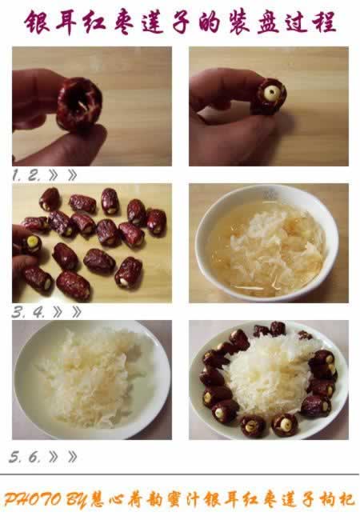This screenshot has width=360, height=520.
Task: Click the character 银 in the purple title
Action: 38,22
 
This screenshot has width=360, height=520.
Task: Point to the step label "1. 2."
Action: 26,175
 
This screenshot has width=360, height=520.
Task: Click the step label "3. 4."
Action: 28,312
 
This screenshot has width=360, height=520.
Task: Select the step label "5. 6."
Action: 25,458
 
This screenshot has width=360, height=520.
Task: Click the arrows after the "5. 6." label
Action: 62,457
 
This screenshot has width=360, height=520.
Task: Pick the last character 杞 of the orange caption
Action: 346,500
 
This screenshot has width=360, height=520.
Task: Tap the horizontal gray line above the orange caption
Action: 180,474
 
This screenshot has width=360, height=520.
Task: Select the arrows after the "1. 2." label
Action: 62,175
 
